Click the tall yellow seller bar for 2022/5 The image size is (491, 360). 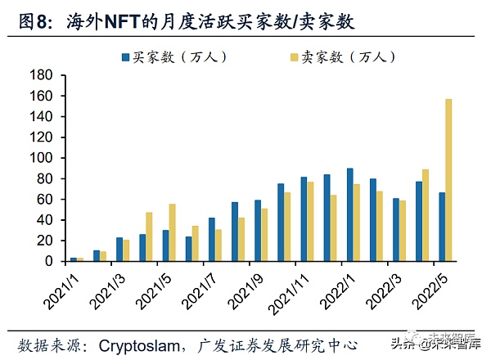pos(448,180)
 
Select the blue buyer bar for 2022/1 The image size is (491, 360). pos(350,215)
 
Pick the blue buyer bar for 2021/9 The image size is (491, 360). pos(258,231)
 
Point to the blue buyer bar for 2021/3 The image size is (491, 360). pos(119,250)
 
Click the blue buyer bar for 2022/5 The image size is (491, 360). pos(442,227)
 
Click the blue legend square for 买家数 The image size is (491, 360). pos(125,57)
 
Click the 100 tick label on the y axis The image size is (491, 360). pos(43,158)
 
